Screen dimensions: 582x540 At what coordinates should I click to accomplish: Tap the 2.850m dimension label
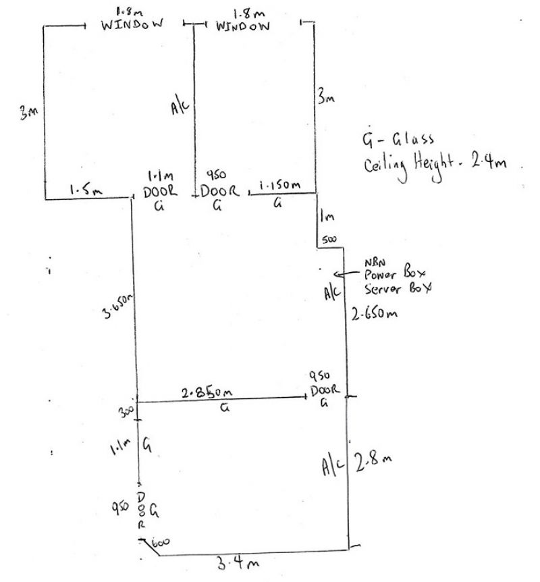[x=208, y=392]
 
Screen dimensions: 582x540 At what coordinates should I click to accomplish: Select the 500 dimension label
[x=329, y=239]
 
